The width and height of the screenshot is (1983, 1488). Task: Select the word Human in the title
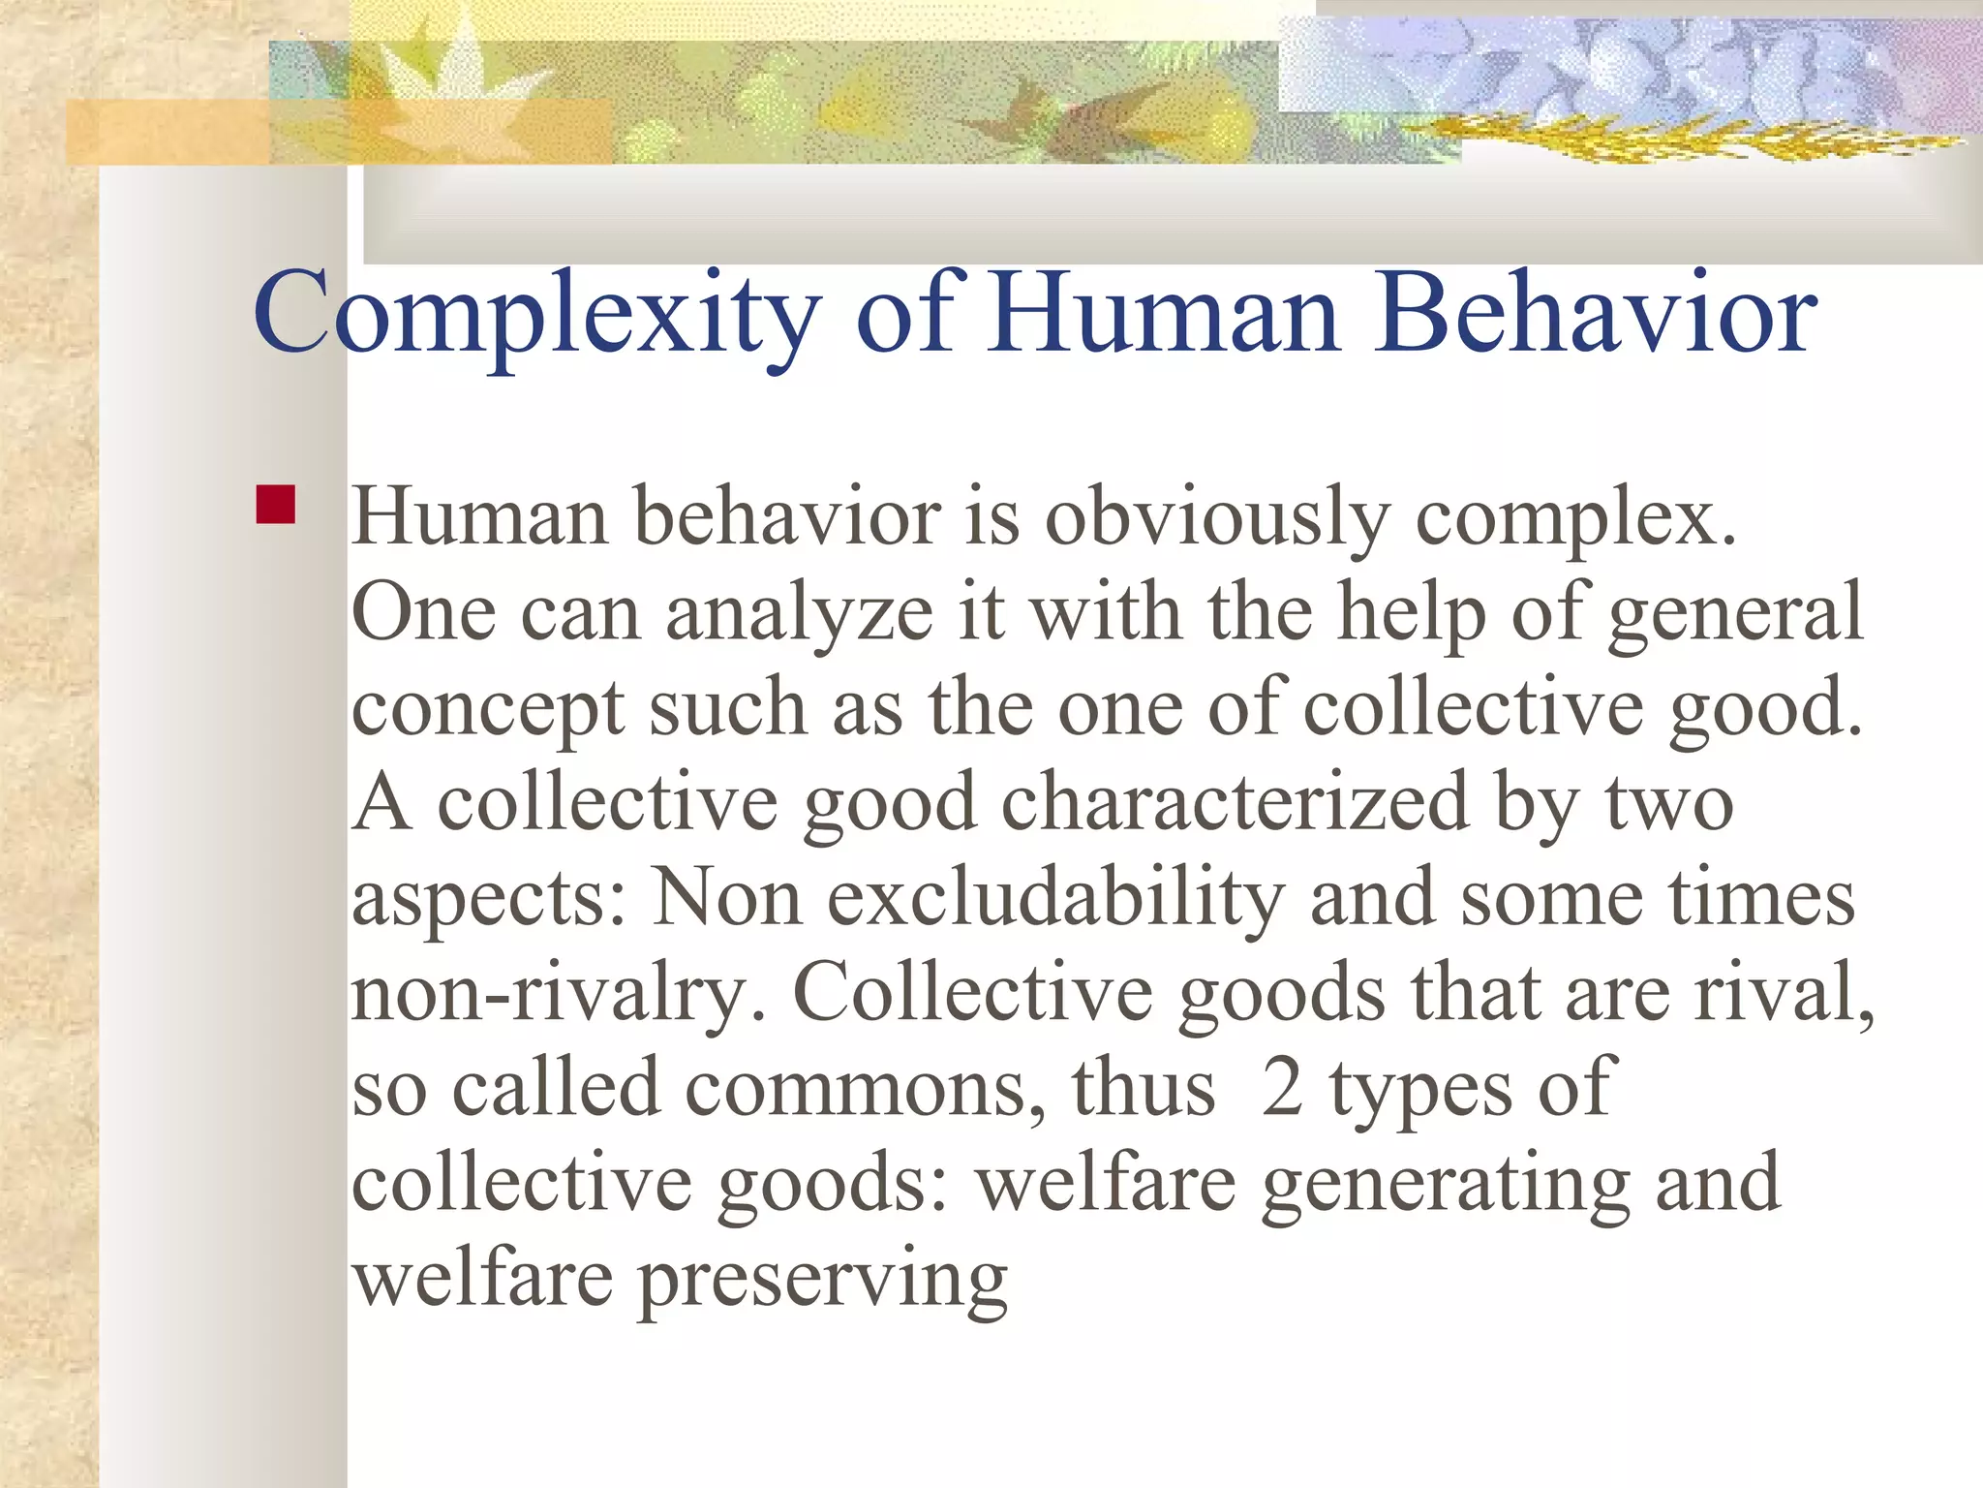pyautogui.click(x=1163, y=313)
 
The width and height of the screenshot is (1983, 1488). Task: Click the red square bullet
pyautogui.click(x=276, y=505)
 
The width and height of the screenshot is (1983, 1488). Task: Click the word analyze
pyautogui.click(x=799, y=614)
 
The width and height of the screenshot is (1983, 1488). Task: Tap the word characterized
pyautogui.click(x=1234, y=804)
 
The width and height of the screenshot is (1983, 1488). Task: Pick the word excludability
pyautogui.click(x=1055, y=899)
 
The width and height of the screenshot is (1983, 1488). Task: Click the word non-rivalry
pyautogui.click(x=557, y=994)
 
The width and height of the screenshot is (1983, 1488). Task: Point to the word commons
pyautogui.click(x=865, y=1089)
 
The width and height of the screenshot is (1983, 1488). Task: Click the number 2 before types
pyautogui.click(x=1282, y=1089)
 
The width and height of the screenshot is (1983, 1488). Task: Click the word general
pyautogui.click(x=1734, y=614)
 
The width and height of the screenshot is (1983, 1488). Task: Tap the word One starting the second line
pyautogui.click(x=423, y=614)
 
